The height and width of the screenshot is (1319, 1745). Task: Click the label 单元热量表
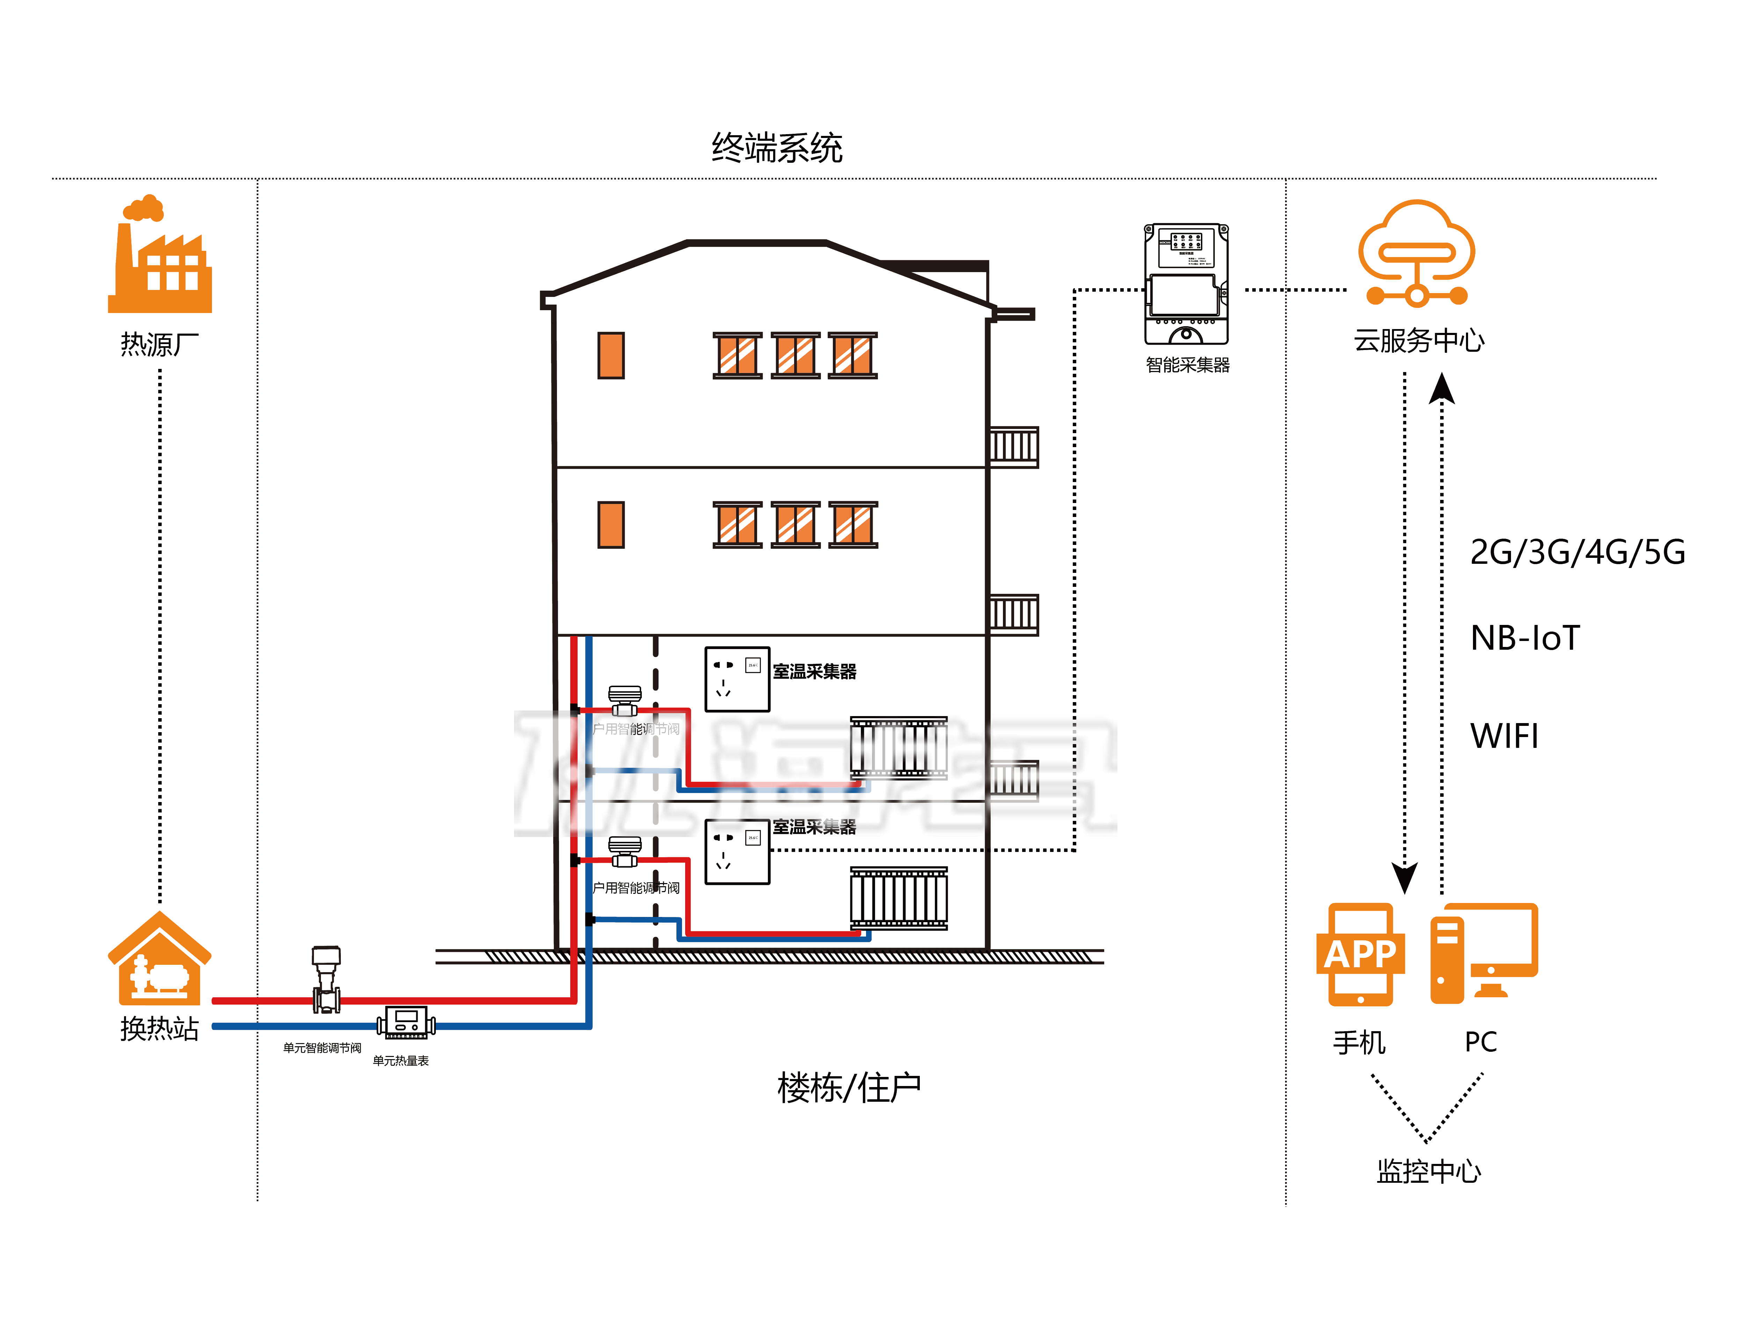tap(401, 1061)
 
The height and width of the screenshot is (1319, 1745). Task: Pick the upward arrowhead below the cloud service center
tap(1442, 388)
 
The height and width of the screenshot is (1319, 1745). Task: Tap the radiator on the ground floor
tap(899, 898)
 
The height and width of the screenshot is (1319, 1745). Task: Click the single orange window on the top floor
tap(610, 356)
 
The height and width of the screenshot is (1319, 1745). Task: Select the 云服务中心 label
tap(1418, 341)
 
